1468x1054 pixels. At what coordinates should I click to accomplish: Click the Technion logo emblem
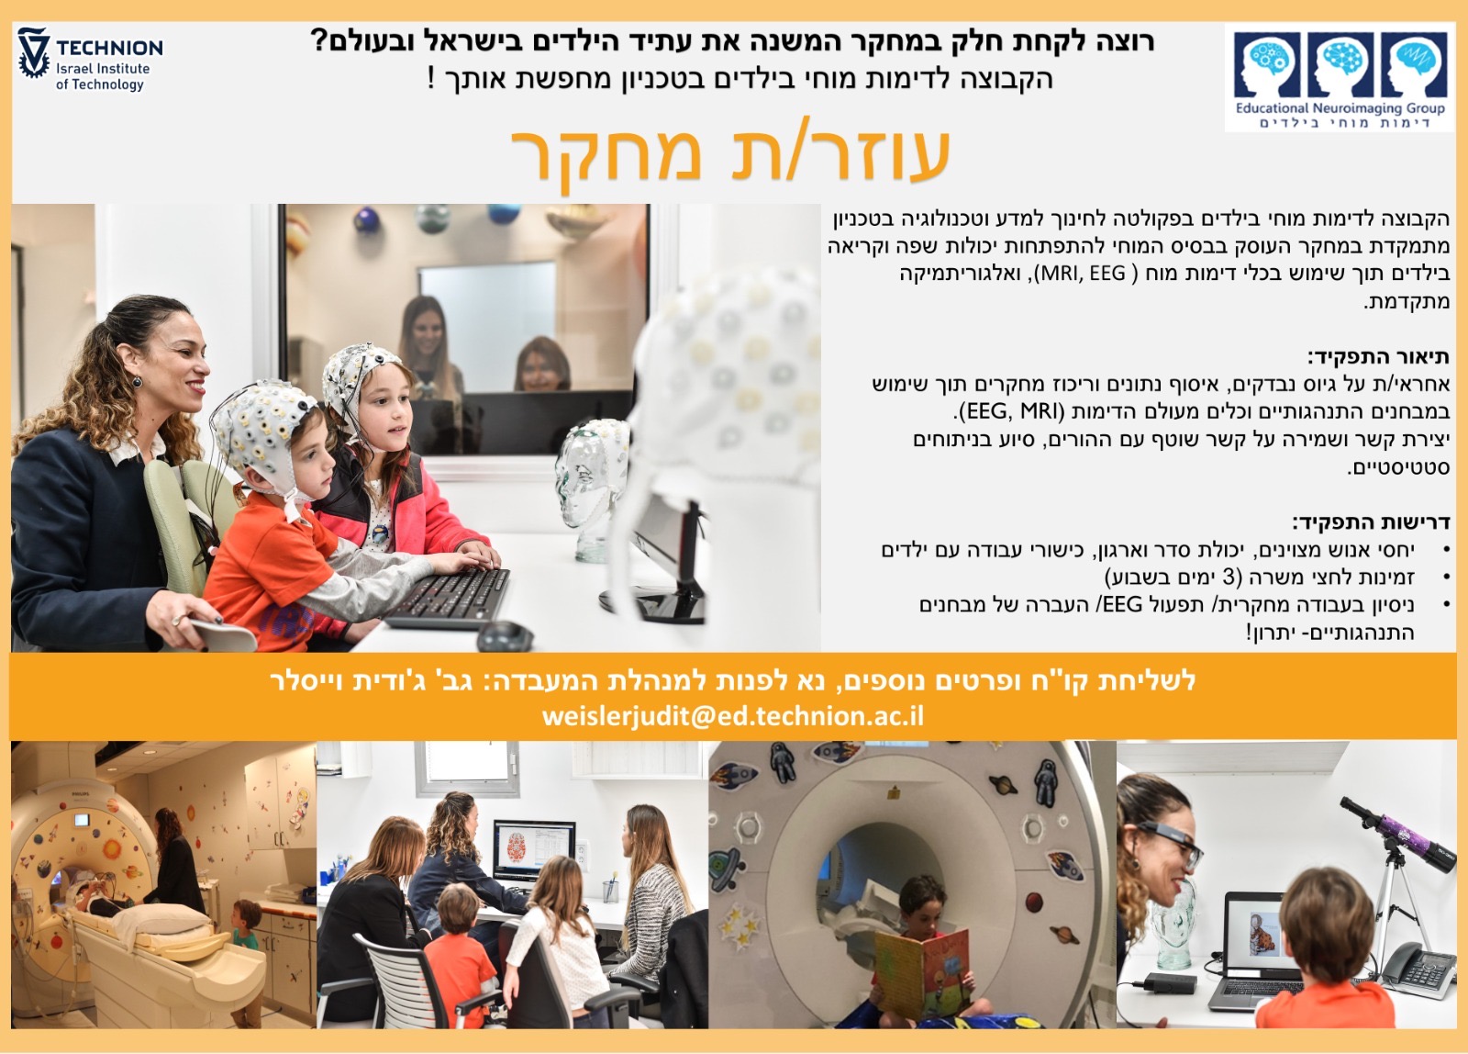point(33,53)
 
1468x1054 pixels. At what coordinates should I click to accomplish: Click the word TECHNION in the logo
point(109,48)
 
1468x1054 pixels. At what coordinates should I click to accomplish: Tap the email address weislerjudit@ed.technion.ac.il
point(733,716)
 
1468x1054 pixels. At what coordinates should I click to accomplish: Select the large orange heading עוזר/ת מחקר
point(730,154)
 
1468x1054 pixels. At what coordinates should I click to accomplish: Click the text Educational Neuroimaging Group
point(1340,108)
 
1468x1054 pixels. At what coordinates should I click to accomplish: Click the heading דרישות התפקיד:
point(1371,522)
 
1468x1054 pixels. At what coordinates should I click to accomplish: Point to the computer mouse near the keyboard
point(506,635)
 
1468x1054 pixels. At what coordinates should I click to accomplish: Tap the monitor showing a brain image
point(534,849)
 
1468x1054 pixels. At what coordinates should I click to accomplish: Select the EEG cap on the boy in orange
point(262,432)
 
